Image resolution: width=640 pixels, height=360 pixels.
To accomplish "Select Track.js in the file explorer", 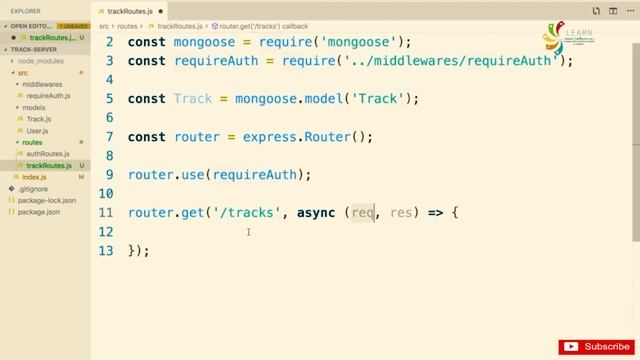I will click(x=38, y=119).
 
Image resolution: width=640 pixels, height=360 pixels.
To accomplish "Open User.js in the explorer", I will click(x=37, y=131).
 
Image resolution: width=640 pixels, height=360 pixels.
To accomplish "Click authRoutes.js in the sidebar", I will click(x=48, y=154).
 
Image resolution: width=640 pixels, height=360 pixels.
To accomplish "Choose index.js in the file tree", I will click(x=35, y=177).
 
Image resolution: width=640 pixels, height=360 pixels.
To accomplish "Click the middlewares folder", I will click(x=42, y=84).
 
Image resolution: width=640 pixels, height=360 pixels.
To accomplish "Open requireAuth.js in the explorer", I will click(x=48, y=96).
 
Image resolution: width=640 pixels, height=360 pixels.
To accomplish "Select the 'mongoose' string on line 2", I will click(x=363, y=42).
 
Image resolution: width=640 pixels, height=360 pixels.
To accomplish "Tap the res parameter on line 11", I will click(x=401, y=212).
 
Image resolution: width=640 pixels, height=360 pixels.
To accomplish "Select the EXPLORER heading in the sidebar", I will click(x=26, y=11).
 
